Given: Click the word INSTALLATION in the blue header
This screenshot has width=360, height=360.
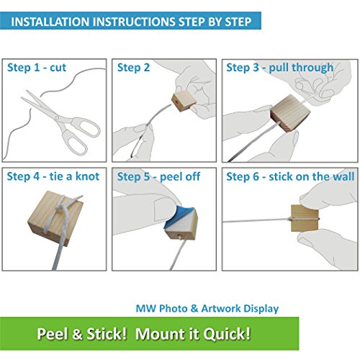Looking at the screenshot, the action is (x=50, y=22).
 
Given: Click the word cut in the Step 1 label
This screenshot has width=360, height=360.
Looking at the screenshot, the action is (x=58, y=68).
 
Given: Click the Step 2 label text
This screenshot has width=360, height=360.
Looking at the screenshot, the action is (x=133, y=68).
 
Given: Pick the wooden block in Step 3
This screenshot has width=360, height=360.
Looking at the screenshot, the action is (x=290, y=114).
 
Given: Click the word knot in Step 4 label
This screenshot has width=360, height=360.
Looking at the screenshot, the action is (x=87, y=176).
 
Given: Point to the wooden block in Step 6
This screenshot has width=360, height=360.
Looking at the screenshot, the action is (x=305, y=218).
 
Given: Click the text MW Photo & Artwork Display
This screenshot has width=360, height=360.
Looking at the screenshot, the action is (x=207, y=308).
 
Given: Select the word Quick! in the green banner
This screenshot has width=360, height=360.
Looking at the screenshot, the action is (x=227, y=334).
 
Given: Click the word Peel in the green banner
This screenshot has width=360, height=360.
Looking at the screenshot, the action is (x=53, y=334).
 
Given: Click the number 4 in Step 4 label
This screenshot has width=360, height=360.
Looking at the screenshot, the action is (x=36, y=176).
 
